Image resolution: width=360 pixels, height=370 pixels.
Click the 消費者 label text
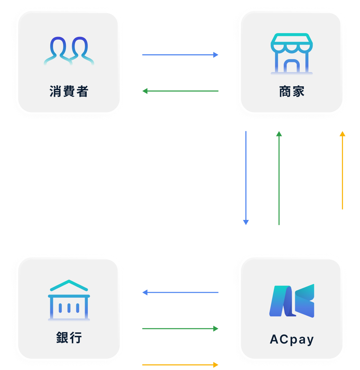69,91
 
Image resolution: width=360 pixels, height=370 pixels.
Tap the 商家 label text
292,91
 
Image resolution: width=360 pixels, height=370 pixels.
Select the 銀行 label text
69,337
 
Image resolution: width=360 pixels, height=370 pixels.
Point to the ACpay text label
292,340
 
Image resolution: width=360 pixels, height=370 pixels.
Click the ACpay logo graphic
292,301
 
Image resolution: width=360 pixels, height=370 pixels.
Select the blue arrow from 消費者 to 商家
180,55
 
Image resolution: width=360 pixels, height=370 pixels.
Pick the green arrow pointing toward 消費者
180,91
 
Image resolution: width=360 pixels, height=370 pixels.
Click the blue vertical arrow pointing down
246,178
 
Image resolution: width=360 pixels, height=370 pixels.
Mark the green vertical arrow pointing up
279,178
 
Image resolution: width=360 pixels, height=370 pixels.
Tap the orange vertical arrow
343,170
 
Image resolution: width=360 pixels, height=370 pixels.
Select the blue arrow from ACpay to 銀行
180,292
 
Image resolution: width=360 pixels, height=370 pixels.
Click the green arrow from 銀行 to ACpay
180,329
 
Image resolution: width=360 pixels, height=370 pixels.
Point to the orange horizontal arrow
180,365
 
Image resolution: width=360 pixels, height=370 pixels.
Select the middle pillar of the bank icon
69,308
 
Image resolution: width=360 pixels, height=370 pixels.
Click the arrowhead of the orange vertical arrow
343,134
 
